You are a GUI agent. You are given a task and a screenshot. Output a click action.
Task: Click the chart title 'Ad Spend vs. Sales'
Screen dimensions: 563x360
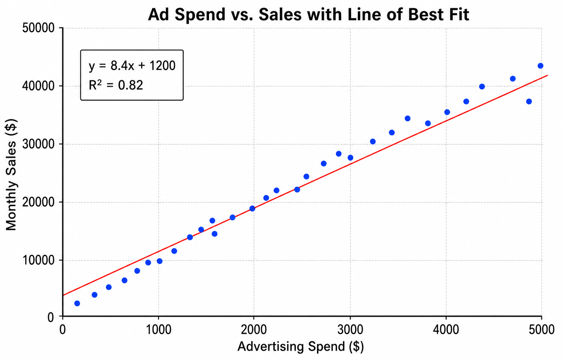tap(225, 15)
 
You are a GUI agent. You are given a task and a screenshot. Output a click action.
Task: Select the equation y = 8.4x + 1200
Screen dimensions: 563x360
tap(132, 66)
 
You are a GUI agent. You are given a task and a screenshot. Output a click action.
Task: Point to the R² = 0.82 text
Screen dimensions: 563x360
tap(116, 85)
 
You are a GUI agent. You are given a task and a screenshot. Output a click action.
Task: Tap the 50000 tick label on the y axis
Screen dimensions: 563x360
tap(38, 28)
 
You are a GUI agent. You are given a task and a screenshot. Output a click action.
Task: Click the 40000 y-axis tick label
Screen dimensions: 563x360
tap(38, 86)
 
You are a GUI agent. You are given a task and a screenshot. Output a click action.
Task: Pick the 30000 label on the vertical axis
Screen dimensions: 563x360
tap(38, 144)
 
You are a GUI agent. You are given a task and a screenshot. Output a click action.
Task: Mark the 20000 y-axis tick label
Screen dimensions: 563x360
tap(38, 202)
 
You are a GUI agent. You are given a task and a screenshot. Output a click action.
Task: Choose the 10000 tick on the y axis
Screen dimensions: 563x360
tap(38, 260)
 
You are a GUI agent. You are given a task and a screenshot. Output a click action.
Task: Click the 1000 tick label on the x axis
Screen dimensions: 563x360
tap(158, 329)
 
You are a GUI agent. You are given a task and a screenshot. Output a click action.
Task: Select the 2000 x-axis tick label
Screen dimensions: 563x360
tap(254, 329)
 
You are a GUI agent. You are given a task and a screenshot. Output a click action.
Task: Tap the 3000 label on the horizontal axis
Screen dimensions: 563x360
tap(350, 329)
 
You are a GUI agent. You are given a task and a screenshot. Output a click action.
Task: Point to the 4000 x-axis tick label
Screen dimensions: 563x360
tap(446, 329)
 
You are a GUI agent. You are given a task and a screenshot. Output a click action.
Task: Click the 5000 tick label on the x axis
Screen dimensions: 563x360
tap(541, 329)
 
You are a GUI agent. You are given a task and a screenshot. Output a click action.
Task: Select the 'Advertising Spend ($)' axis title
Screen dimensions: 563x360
tap(301, 347)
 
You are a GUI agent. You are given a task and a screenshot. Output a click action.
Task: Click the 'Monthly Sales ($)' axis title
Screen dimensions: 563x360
tap(11, 174)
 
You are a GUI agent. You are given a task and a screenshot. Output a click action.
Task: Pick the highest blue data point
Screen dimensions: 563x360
tap(540, 66)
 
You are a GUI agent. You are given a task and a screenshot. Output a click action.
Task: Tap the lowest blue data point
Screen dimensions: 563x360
tap(77, 304)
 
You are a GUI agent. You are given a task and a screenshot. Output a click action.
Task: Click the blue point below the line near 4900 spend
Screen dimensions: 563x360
tap(529, 102)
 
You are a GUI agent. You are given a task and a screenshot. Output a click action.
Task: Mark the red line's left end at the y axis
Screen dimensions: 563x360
tap(63, 295)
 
